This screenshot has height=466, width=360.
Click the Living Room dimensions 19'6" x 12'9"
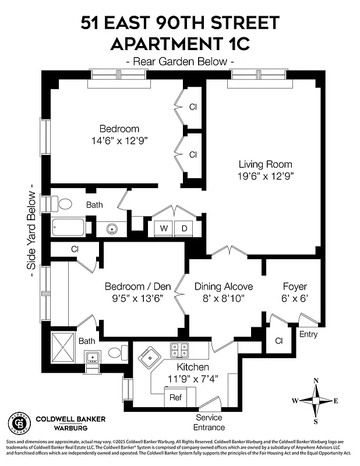tap(265, 176)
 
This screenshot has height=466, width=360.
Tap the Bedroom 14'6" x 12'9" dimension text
tap(119, 140)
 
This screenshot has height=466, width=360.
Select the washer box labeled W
tap(164, 228)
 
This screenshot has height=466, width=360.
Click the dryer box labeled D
tap(184, 228)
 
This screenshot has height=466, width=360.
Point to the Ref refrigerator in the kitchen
tap(175, 397)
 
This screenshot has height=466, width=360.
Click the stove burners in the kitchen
tap(179, 350)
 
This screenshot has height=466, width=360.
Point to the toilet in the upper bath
tap(65, 204)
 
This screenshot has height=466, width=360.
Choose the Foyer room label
tap(294, 287)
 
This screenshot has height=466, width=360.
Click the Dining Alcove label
tap(224, 287)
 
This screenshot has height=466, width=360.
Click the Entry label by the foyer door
tap(308, 334)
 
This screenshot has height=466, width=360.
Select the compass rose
tap(316, 401)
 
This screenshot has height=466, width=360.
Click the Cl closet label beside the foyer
tap(278, 340)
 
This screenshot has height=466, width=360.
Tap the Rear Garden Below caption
tap(180, 61)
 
